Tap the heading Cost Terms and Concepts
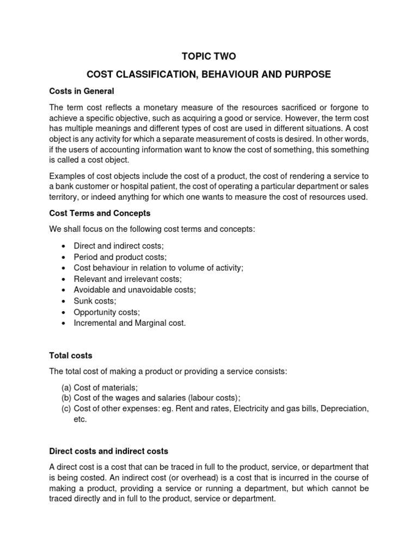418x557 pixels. click(100, 213)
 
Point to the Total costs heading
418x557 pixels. click(71, 355)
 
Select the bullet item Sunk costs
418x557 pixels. click(95, 301)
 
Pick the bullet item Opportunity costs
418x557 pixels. click(107, 312)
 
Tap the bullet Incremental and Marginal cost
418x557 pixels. click(130, 323)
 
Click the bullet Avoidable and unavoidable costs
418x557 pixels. click(134, 289)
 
